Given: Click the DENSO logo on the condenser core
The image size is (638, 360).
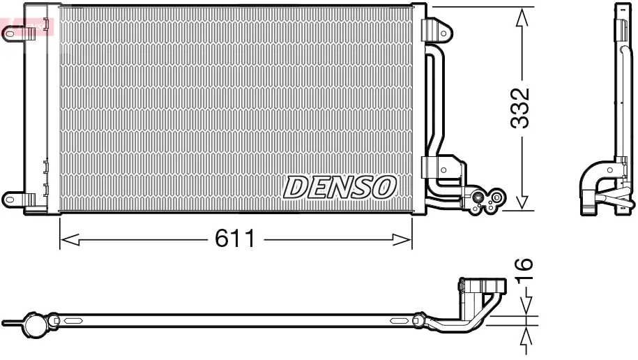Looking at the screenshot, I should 340,187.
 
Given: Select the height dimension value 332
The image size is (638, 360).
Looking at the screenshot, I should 521,108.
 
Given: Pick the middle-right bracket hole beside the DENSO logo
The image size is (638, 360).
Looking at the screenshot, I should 443,168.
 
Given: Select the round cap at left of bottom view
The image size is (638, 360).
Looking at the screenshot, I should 33,323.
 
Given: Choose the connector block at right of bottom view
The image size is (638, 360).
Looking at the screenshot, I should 480,288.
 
